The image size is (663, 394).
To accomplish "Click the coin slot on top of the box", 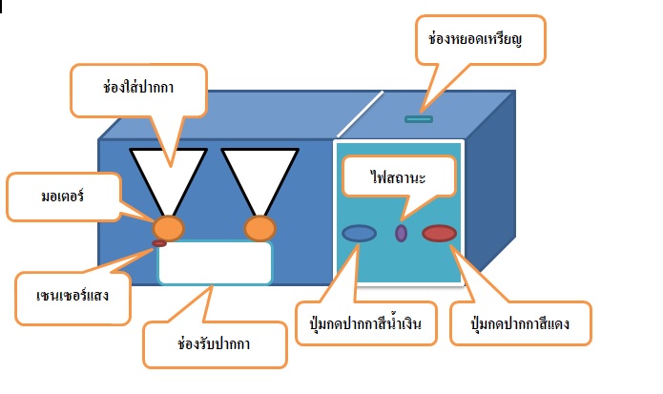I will pyautogui.click(x=419, y=119).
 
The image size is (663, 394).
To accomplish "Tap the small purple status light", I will pyautogui.click(x=402, y=232).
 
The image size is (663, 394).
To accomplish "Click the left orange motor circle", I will pyautogui.click(x=169, y=228).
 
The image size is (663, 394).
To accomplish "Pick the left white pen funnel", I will pyautogui.click(x=169, y=172).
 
